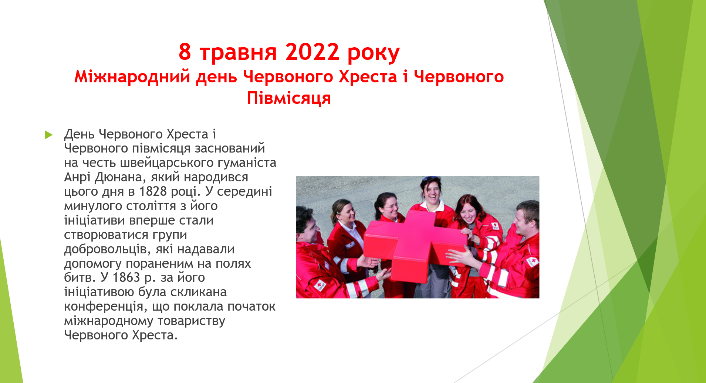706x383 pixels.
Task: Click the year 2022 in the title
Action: [x=312, y=52]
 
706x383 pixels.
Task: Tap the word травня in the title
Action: [x=238, y=52]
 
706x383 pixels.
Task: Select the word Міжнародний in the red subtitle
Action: [x=132, y=77]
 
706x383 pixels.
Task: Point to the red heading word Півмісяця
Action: [x=289, y=98]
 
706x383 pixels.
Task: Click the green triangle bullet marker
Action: [x=48, y=135]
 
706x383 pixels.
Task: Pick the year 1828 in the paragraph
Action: [x=153, y=191]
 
